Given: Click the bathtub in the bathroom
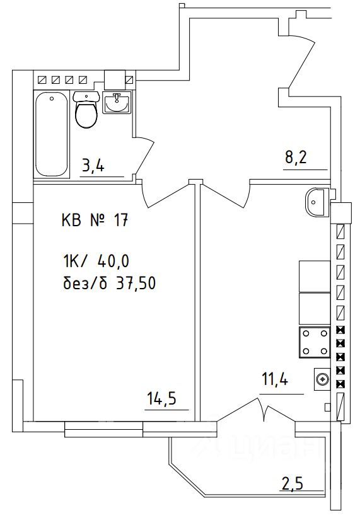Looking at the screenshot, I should click(52, 135).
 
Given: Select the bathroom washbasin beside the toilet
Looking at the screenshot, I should click(117, 103).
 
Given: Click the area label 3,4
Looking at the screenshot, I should click(93, 167).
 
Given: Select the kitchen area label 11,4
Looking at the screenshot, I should click(275, 380).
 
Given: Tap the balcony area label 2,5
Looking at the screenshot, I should click(291, 485).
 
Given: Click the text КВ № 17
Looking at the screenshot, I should click(95, 221).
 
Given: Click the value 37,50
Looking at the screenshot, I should click(135, 284).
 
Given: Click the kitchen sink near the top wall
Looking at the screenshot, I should click(316, 202).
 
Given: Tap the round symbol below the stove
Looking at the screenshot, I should click(322, 379).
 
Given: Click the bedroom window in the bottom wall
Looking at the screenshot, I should click(104, 429).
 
